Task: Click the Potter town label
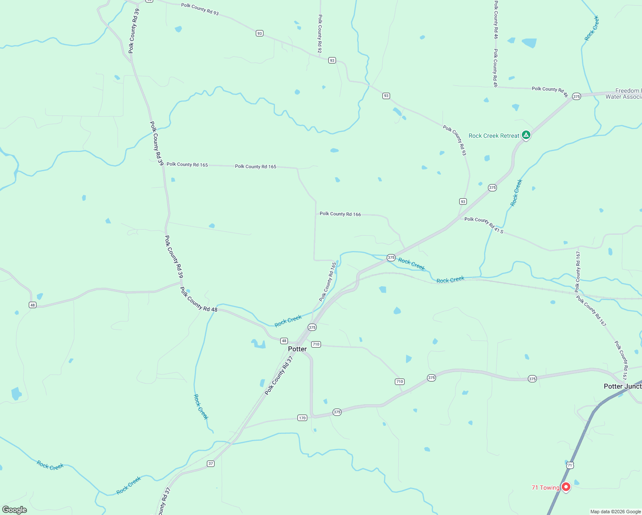tap(297, 349)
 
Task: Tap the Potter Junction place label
tap(622, 386)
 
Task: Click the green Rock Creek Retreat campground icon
tap(526, 135)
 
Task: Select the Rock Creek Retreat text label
tap(494, 136)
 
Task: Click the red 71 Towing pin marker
tap(566, 487)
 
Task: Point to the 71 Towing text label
tap(545, 488)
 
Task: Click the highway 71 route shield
tap(569, 465)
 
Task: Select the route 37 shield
tap(210, 463)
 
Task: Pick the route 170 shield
tap(302, 418)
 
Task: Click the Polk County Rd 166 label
tap(340, 214)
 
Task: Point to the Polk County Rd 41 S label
tap(484, 224)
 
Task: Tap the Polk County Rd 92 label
tap(320, 33)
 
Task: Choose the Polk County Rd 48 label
tap(199, 299)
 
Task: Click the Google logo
tap(15, 510)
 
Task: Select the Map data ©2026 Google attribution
tap(615, 512)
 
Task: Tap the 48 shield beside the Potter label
tap(284, 341)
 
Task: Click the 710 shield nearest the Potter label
tap(316, 344)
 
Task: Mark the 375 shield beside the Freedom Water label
tap(576, 97)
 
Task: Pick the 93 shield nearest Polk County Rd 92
tap(332, 61)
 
